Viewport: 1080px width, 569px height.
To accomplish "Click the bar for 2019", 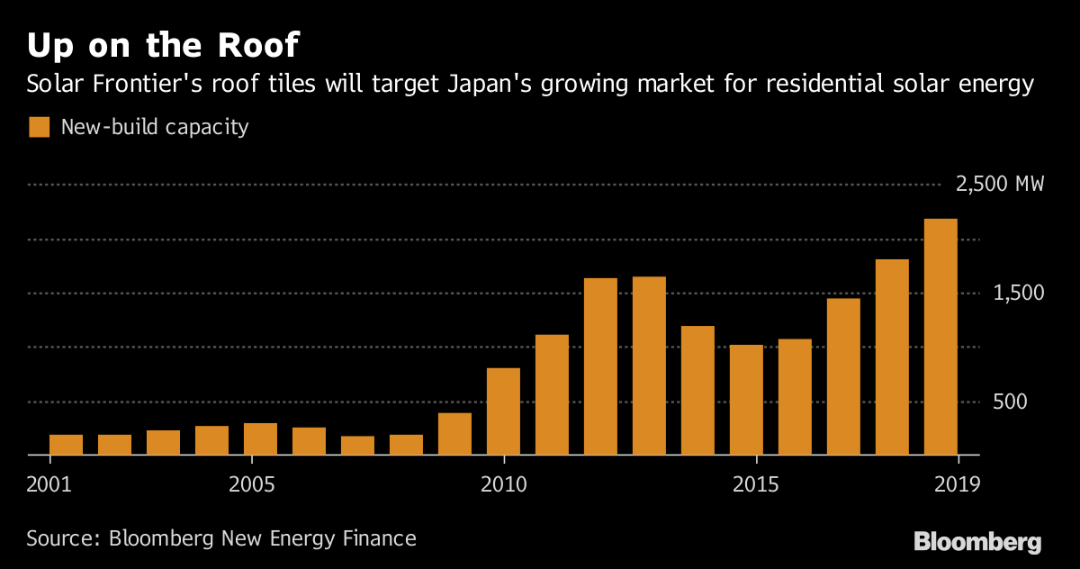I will (x=940, y=337).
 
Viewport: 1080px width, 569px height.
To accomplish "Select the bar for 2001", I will (x=66, y=445).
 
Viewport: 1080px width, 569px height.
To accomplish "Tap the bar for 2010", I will (x=503, y=411).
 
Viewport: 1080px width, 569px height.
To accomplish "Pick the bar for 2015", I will (x=746, y=400).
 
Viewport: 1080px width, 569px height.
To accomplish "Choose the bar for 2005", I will (x=260, y=439).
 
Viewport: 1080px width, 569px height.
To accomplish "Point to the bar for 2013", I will (x=649, y=366).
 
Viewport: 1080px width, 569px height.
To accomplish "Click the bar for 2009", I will (x=454, y=434).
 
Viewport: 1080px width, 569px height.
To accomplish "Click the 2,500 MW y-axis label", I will (x=1000, y=185).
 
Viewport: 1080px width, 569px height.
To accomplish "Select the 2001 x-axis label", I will (x=49, y=483).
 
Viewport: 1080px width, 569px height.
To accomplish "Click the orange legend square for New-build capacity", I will (x=39, y=127).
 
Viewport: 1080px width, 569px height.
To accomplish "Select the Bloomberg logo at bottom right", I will (x=977, y=542).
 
